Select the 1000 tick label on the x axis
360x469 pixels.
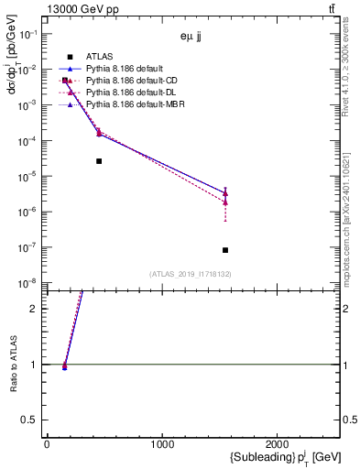(163, 443)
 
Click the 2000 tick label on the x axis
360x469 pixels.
(278, 443)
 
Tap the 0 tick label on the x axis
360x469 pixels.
(47, 443)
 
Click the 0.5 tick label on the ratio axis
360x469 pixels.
(32, 420)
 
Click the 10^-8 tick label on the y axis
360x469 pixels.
(28, 284)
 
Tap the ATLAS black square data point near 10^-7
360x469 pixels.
(225, 250)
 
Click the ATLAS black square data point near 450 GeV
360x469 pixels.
(99, 161)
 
